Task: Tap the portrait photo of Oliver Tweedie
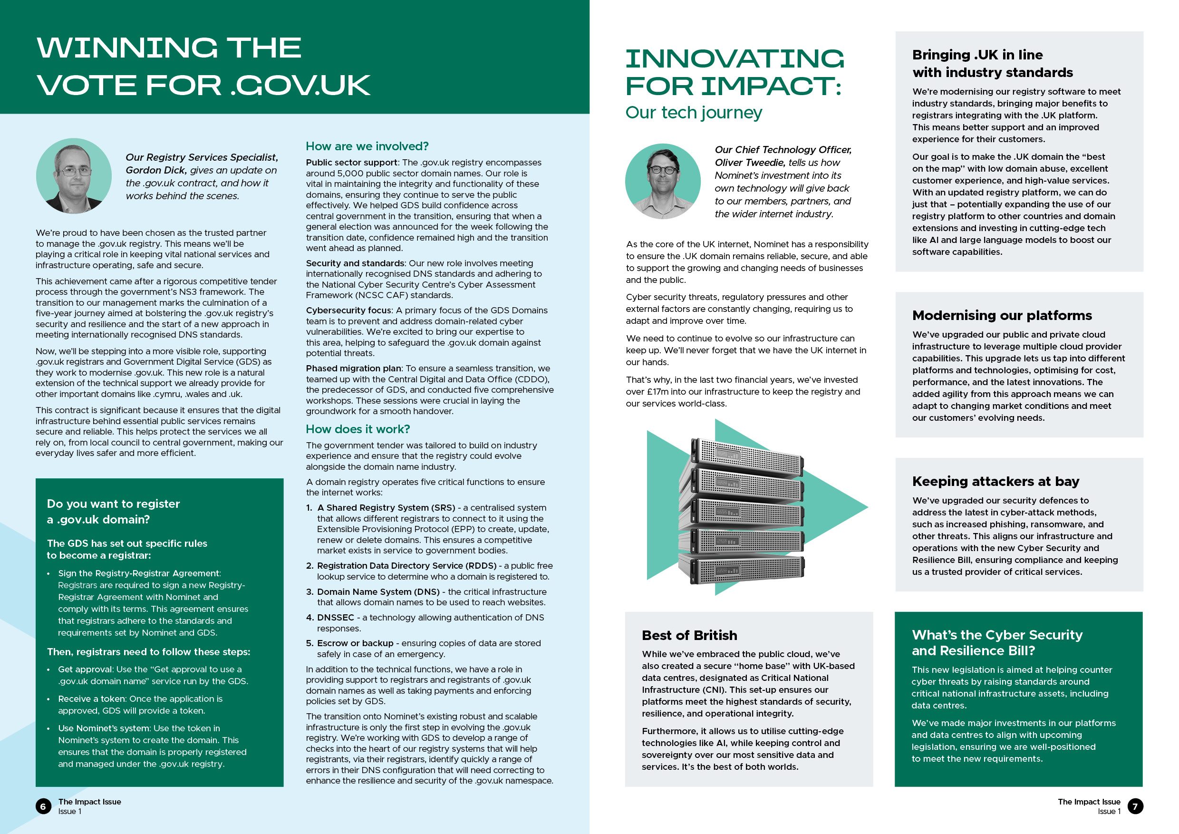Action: [x=662, y=181]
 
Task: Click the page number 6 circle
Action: [x=43, y=806]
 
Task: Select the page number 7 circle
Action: [x=1135, y=806]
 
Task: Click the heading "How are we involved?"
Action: [x=367, y=146]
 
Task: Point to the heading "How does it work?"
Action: [x=358, y=429]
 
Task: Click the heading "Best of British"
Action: [x=689, y=635]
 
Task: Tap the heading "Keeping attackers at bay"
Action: [x=995, y=481]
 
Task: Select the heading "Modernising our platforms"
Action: [x=1001, y=315]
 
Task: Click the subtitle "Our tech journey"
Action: [x=693, y=113]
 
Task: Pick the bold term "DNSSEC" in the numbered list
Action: [x=335, y=617]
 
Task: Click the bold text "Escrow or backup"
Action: [x=355, y=643]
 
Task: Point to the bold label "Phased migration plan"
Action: [x=353, y=368]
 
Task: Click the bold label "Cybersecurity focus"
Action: [x=348, y=310]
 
